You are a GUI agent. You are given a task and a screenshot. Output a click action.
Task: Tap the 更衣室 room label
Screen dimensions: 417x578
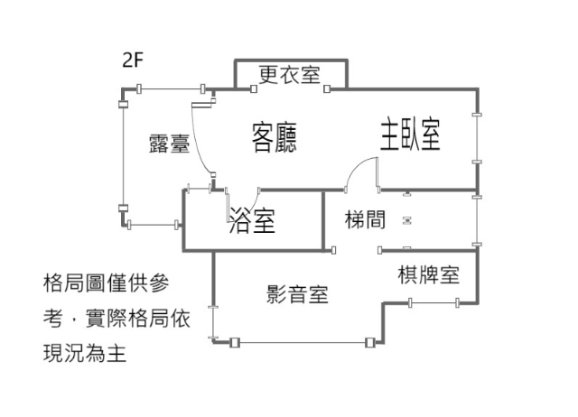coord(289,75)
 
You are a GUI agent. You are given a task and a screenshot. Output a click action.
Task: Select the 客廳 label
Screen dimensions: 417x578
coord(274,138)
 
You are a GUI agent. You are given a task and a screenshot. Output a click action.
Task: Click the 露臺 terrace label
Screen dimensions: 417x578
coord(169,144)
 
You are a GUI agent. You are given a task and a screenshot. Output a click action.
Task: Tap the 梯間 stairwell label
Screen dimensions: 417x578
coord(367,218)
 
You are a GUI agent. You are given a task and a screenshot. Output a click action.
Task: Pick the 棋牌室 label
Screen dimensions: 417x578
coord(429,275)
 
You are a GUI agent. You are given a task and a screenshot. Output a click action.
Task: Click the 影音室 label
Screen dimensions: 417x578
coord(297,293)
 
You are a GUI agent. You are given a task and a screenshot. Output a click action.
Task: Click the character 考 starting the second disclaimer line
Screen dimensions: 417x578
coord(52,318)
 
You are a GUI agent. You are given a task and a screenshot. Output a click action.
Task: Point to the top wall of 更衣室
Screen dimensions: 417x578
coord(289,60)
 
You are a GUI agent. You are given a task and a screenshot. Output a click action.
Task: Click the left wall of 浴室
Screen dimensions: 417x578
coord(183,222)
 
